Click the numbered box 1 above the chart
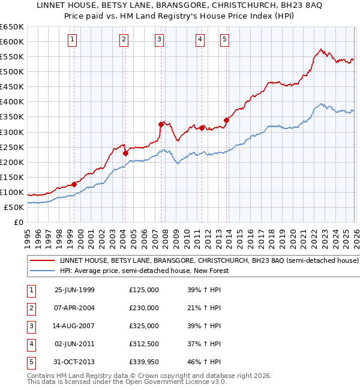[73, 40]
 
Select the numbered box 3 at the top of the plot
[160, 40]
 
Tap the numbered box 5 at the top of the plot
[224, 40]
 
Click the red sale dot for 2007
[161, 124]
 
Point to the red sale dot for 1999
[74, 184]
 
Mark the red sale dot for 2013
[226, 120]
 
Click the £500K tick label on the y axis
[12, 71]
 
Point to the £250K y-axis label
[12, 147]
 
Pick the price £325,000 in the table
[144, 326]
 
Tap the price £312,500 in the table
[144, 344]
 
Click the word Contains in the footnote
[41, 376]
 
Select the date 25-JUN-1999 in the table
[74, 290]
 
